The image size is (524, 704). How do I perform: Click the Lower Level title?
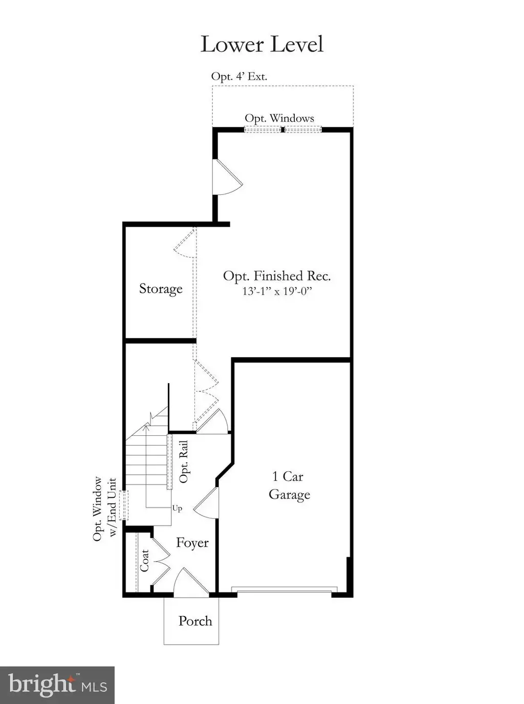[262, 44]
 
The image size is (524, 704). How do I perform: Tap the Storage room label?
[161, 289]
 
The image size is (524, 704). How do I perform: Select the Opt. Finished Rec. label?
[277, 275]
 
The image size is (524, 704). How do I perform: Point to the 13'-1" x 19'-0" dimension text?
[277, 292]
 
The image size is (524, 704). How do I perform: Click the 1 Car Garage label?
[289, 486]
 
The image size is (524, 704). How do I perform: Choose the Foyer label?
[192, 542]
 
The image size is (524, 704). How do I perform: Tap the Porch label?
[195, 621]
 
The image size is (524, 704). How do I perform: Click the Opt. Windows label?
[279, 118]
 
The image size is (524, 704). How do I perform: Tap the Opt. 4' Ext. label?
[239, 76]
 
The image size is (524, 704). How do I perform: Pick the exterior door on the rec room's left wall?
[227, 177]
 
